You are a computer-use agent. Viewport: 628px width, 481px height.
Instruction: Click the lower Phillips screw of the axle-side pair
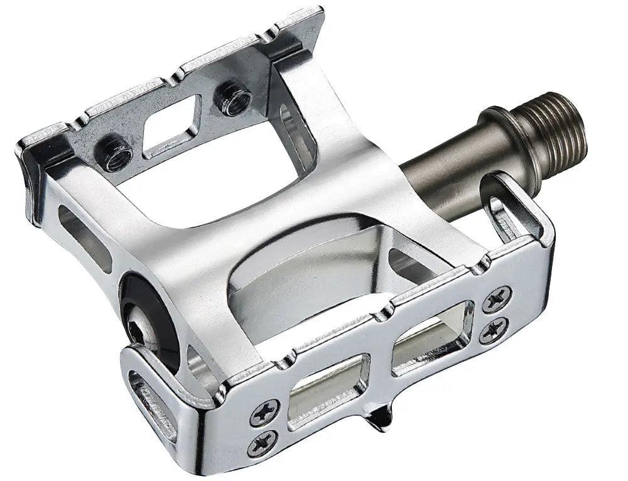tap(494, 330)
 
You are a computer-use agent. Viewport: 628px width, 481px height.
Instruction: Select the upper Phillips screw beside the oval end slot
tap(264, 412)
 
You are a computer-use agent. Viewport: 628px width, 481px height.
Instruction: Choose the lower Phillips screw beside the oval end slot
tap(262, 443)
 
